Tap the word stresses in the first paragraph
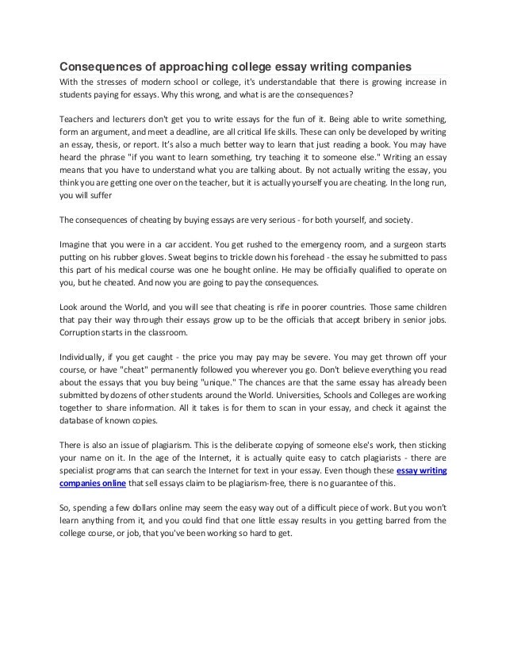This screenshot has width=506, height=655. [x=115, y=82]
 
